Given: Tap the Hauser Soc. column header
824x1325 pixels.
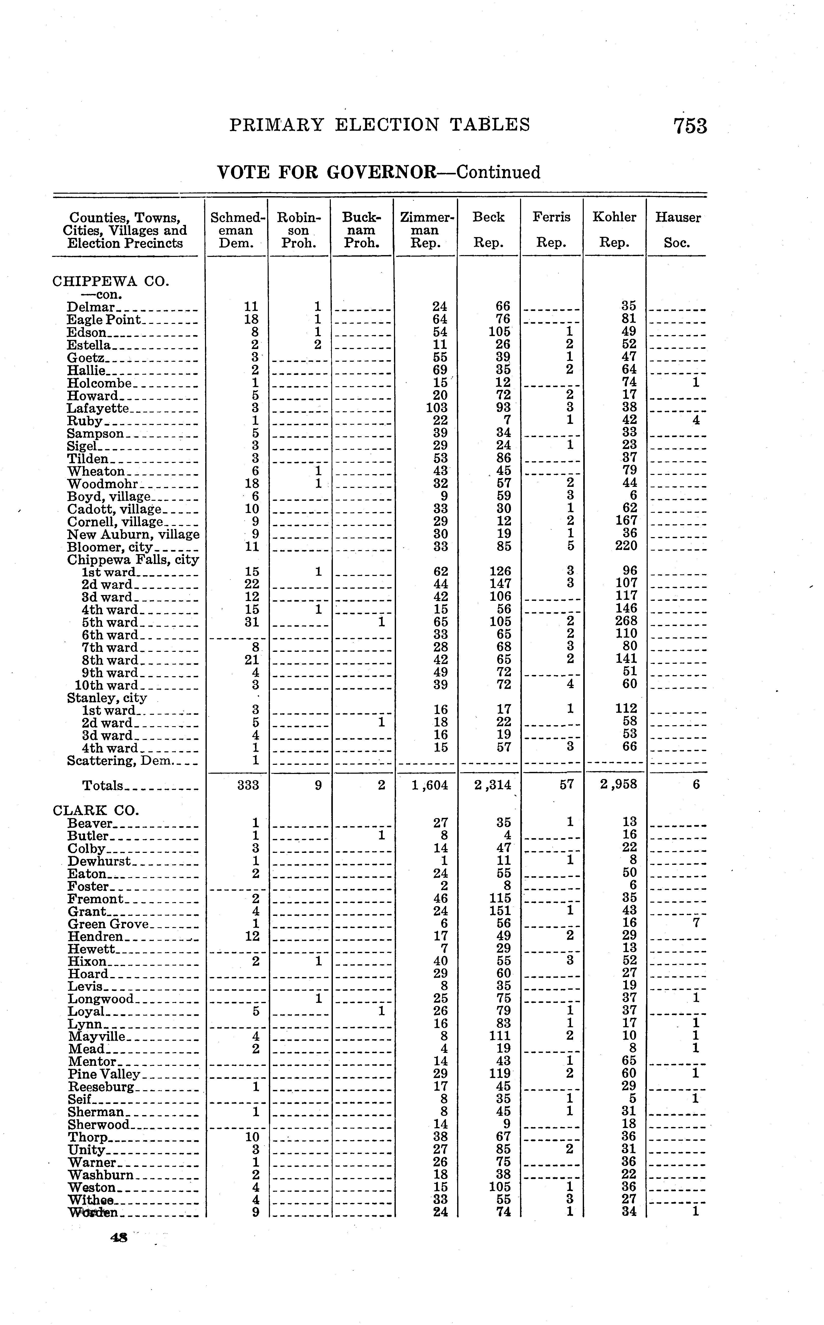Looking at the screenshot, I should (x=677, y=229).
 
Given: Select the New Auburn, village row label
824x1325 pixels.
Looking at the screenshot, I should (x=133, y=534).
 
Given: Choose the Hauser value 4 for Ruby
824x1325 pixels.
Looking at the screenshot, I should (x=695, y=420).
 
